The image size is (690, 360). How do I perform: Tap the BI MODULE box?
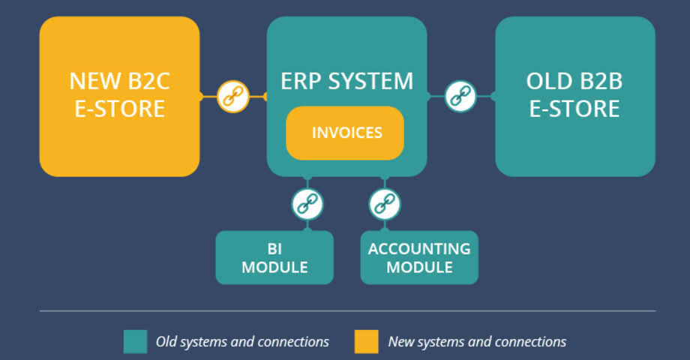(274, 257)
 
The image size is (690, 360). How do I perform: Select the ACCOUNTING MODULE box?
(419, 257)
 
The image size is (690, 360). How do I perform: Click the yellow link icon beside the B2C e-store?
(232, 96)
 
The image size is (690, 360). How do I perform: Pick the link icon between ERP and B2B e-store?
(460, 96)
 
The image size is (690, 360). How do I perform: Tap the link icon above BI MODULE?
(307, 203)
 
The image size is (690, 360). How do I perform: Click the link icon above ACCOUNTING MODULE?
(385, 203)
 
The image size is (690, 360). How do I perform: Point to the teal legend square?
(135, 341)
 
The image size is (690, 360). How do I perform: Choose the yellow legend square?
(367, 341)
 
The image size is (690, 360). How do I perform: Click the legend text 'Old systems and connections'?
(242, 342)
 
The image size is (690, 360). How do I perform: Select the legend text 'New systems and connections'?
(477, 342)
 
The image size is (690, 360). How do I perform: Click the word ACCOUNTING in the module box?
(419, 248)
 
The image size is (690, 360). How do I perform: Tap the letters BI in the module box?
(274, 248)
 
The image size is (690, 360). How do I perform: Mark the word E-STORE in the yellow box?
(120, 109)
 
